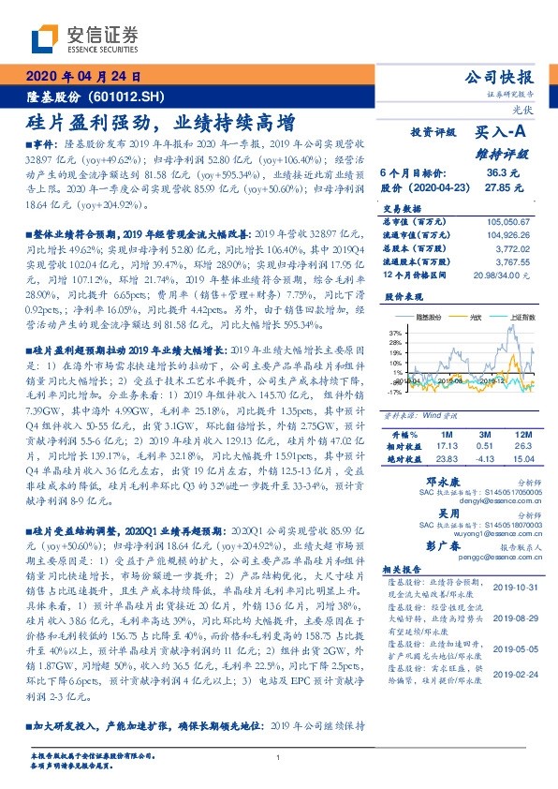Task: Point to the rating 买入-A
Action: pos(503,134)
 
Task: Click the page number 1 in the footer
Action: pos(278,757)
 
